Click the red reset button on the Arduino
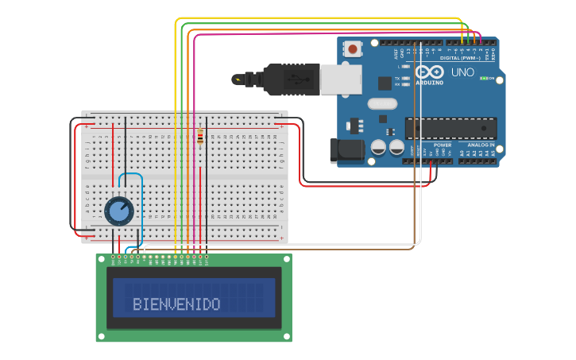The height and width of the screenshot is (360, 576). [353, 50]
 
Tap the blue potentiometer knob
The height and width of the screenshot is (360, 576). [119, 211]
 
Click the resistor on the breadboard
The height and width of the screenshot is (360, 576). [200, 137]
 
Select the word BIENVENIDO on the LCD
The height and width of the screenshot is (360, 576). [176, 304]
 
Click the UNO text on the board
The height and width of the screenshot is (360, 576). [462, 72]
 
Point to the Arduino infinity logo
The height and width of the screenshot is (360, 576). [429, 72]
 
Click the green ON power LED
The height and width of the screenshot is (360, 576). [483, 79]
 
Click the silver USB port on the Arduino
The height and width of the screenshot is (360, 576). [342, 79]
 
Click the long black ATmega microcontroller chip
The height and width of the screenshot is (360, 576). [450, 128]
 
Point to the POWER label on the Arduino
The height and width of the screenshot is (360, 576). [443, 145]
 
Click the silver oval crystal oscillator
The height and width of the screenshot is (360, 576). [382, 103]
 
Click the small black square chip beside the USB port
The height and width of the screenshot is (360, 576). [385, 83]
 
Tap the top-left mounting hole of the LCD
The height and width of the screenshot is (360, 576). [101, 259]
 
